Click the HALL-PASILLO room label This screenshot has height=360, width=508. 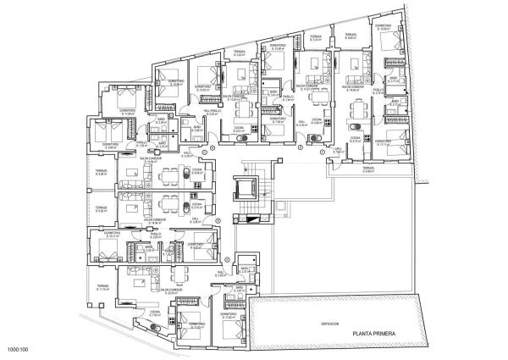tap(213, 111)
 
